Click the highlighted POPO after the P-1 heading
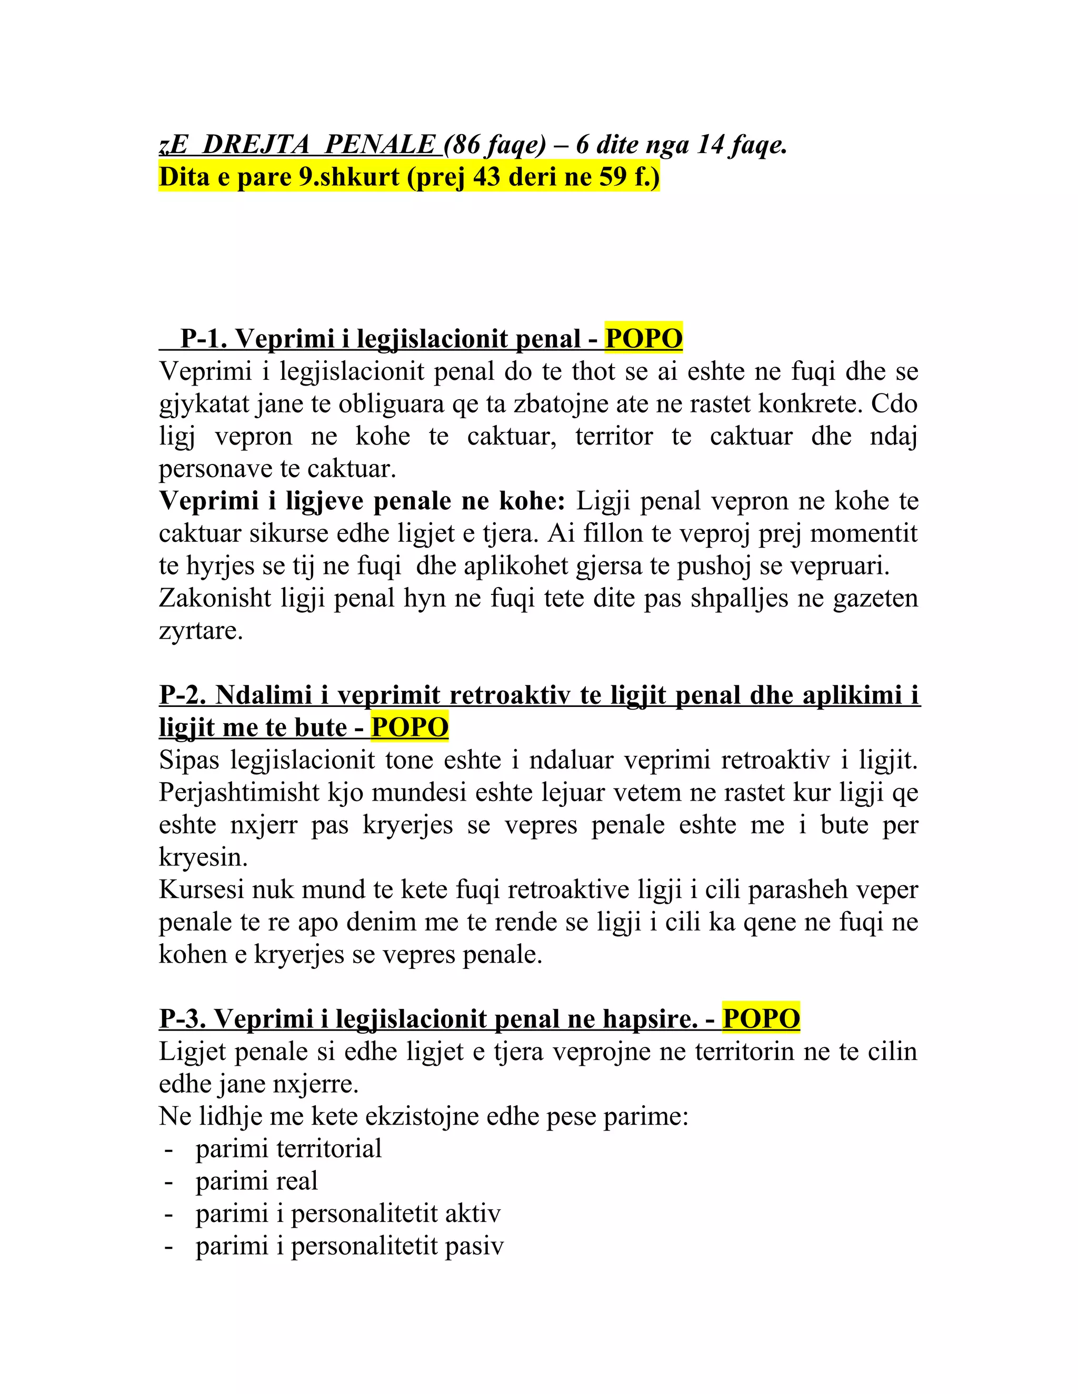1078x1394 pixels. [x=643, y=338]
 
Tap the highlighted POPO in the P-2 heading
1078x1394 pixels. [x=410, y=727]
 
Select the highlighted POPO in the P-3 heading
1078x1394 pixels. [x=761, y=1019]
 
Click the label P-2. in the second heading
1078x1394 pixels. [x=183, y=694]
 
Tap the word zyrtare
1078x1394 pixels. [x=201, y=631]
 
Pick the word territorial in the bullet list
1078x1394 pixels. [x=335, y=1149]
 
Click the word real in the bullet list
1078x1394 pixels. [x=297, y=1181]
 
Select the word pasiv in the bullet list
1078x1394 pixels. [x=474, y=1246]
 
